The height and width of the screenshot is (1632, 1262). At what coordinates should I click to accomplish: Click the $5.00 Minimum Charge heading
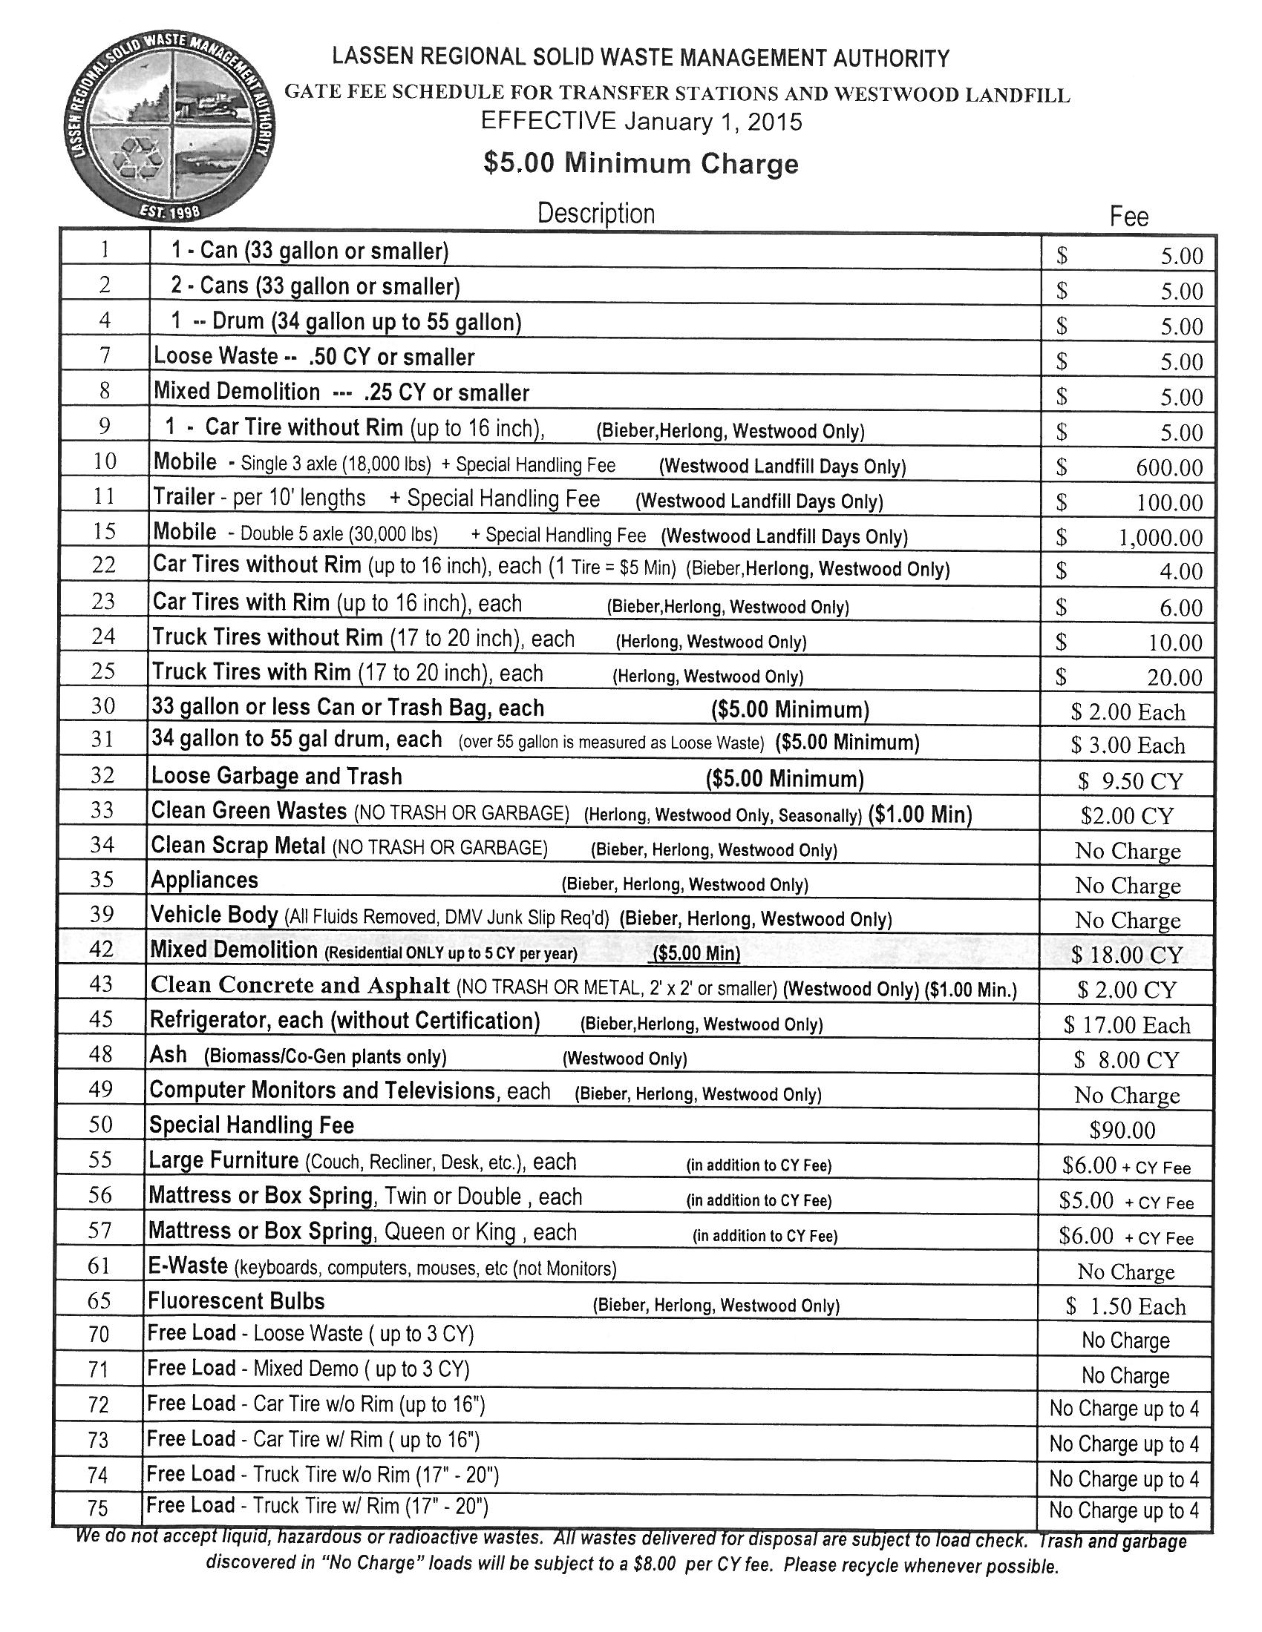(x=641, y=163)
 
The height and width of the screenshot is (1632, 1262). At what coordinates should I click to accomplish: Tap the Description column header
(x=596, y=214)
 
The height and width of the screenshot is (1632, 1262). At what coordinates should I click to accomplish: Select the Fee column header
(x=1128, y=217)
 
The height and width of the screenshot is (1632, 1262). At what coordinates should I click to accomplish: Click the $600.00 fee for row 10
(x=1169, y=468)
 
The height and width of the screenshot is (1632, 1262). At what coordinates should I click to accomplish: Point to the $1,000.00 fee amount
(x=1160, y=538)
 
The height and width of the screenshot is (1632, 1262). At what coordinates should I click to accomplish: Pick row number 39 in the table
(x=101, y=914)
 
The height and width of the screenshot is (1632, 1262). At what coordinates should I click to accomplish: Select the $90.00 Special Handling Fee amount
(x=1122, y=1131)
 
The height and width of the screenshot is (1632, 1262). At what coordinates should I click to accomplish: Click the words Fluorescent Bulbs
(x=236, y=1301)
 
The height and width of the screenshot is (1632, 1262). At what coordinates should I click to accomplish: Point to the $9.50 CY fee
(x=1131, y=781)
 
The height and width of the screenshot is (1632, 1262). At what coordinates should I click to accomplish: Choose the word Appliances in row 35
(x=204, y=881)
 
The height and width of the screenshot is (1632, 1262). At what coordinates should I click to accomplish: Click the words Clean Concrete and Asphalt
(x=300, y=985)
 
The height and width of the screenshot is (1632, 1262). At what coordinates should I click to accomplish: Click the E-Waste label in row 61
(x=188, y=1265)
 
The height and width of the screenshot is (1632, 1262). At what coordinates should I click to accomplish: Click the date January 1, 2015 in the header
(x=713, y=121)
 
